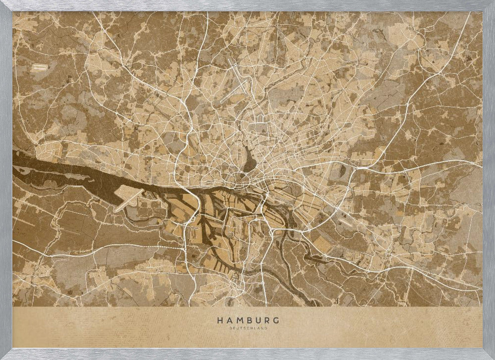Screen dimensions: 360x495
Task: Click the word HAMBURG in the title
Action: [247, 320]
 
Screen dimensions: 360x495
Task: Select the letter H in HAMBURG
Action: [219, 320]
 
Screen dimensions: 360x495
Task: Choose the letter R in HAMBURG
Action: [266, 320]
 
